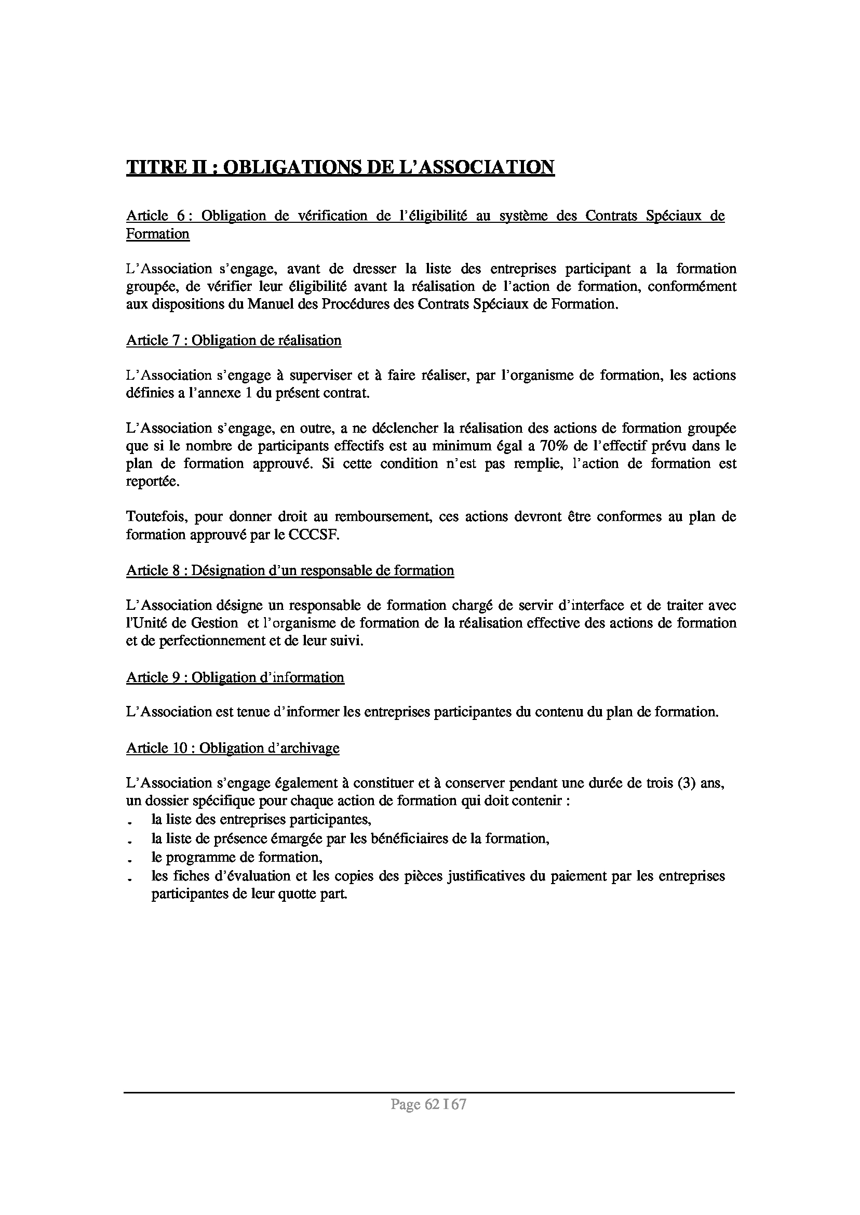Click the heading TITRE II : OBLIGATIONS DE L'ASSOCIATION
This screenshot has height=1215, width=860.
340,167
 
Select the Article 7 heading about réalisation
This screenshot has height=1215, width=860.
234,340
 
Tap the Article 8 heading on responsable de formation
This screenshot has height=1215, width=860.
290,570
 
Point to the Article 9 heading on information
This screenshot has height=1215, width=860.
235,677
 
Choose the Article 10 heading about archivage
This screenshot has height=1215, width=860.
233,748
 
